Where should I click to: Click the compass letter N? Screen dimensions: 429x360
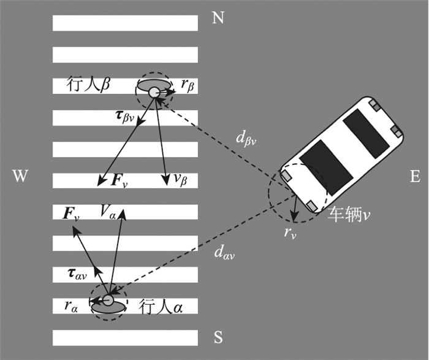pos(218,18)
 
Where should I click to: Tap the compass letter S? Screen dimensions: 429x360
pos(218,337)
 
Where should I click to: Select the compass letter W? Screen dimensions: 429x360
pos(20,176)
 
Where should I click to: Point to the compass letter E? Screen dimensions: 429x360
pos(415,177)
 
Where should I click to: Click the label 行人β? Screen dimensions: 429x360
pos(88,85)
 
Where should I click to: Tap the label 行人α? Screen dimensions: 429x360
pos(161,307)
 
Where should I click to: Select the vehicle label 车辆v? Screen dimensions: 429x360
pos(349,214)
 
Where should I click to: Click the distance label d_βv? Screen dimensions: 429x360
pos(246,140)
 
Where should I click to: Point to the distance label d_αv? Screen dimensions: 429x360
pos(224,253)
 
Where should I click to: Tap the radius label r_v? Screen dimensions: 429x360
pos(290,233)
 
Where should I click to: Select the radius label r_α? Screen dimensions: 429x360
pos(71,307)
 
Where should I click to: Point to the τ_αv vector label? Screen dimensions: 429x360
pos(77,274)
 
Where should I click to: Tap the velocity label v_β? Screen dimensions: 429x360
pos(180,180)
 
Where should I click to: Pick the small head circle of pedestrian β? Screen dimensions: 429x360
pos(154,93)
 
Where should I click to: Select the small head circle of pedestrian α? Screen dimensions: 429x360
pos(108,301)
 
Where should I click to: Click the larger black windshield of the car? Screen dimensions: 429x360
pos(326,168)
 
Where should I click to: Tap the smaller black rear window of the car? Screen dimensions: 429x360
pos(366,134)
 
